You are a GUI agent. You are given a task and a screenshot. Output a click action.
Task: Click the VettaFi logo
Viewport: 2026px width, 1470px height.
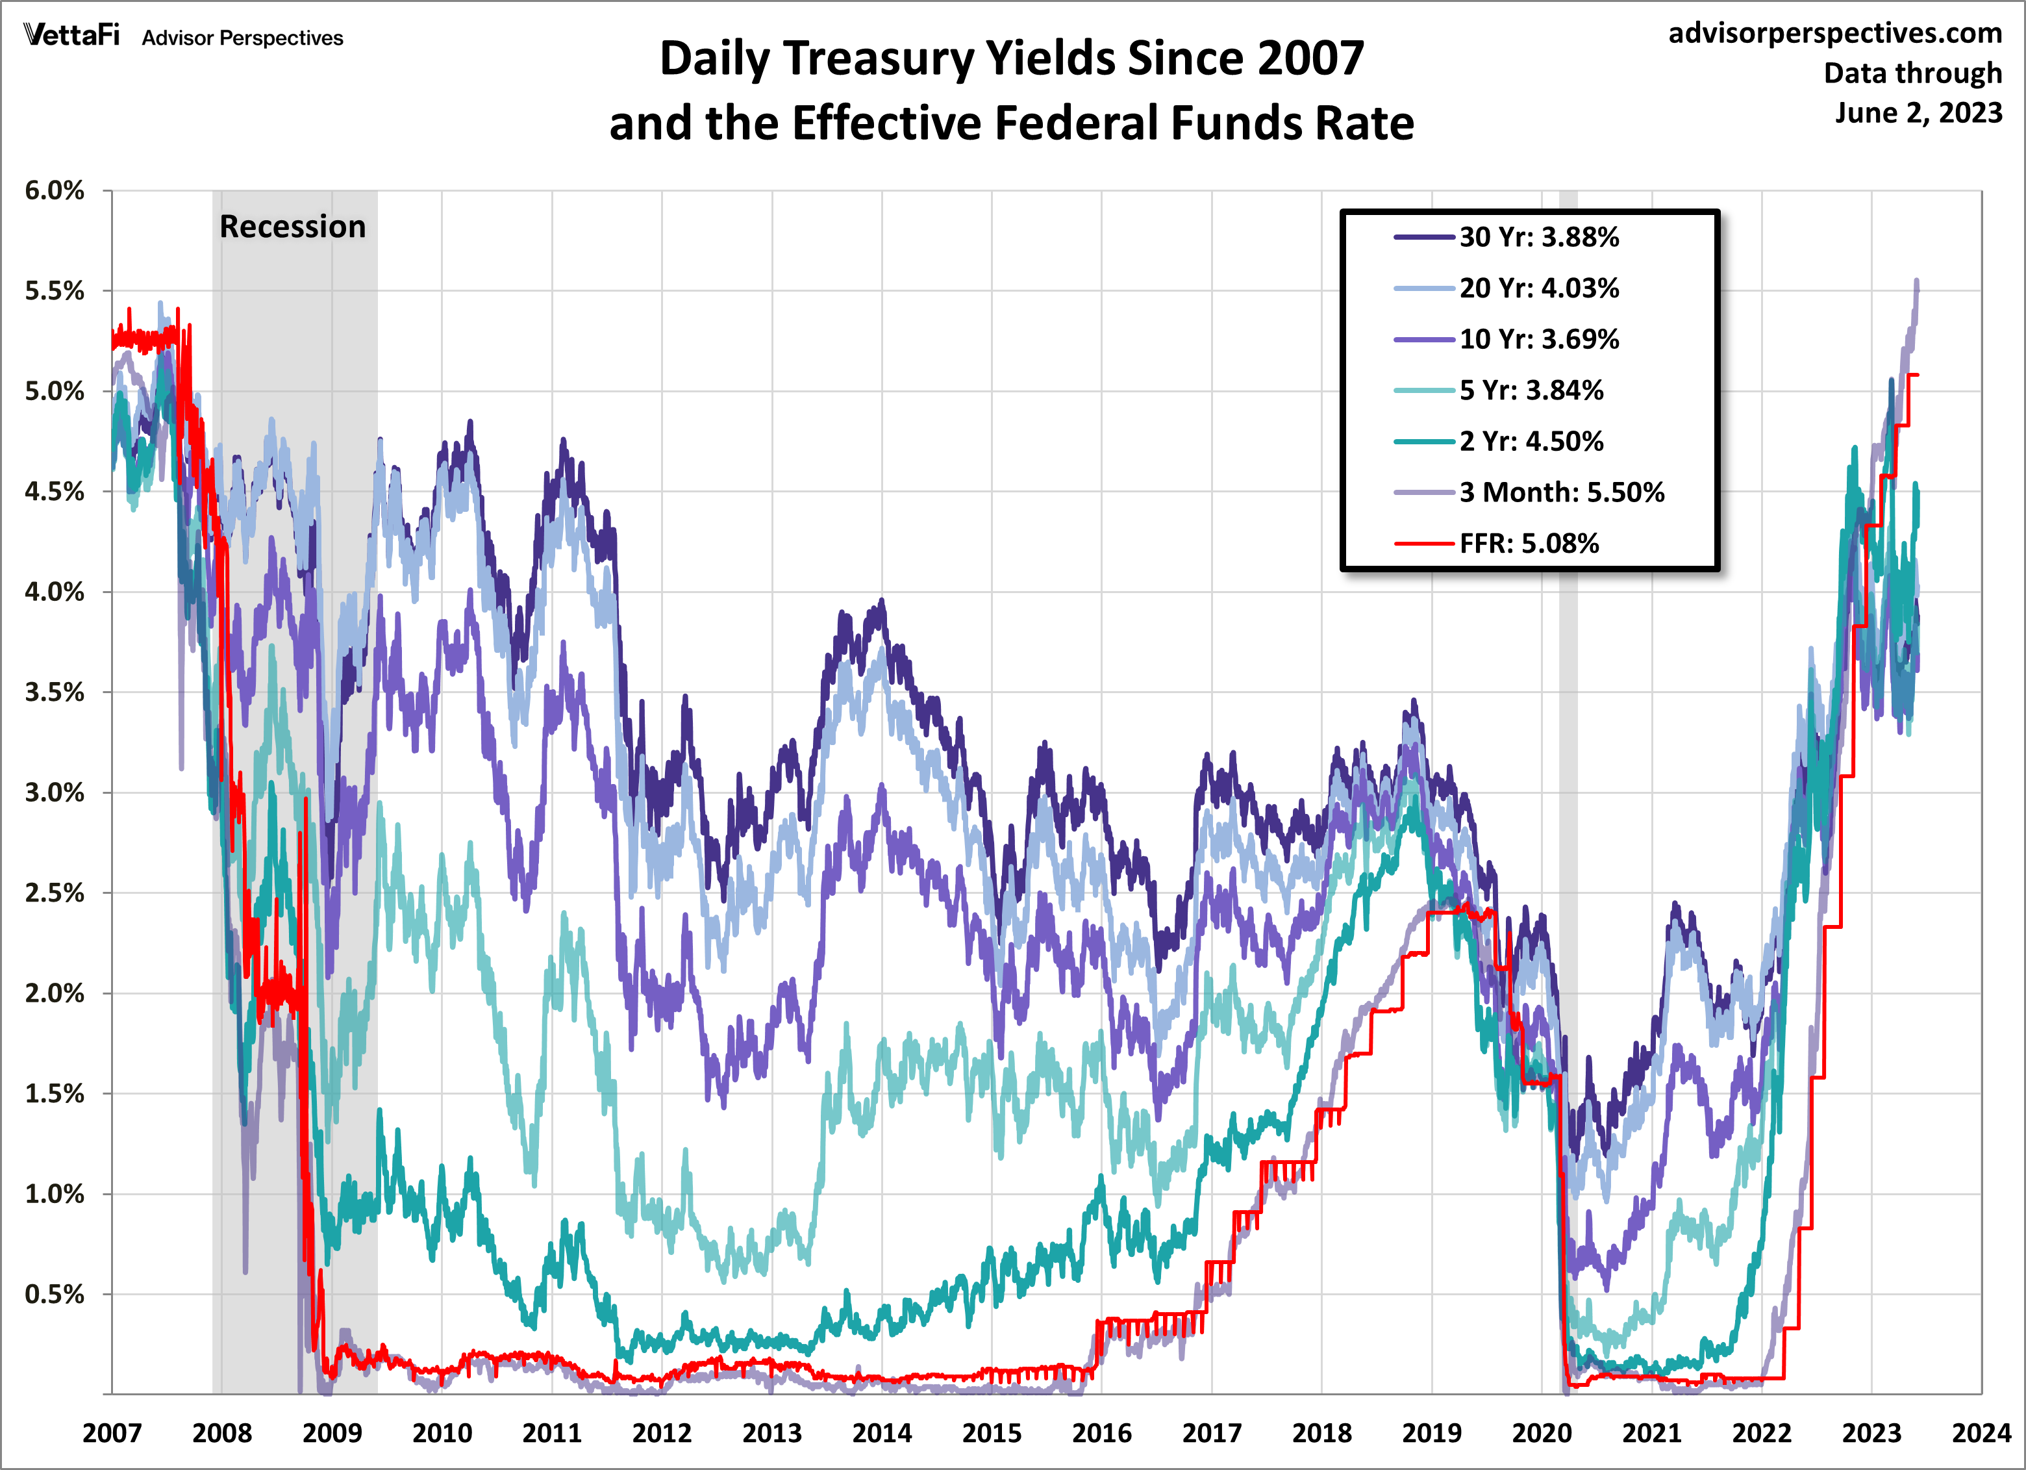click(x=71, y=36)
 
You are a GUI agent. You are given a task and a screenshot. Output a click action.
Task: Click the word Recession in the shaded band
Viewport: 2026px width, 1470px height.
click(x=292, y=227)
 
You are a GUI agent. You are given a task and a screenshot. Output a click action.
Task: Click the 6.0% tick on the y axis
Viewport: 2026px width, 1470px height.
click(x=55, y=190)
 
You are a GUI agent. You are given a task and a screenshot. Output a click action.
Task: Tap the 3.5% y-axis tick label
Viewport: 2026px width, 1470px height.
click(x=55, y=692)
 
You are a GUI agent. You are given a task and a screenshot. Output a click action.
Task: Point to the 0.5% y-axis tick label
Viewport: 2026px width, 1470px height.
click(x=55, y=1295)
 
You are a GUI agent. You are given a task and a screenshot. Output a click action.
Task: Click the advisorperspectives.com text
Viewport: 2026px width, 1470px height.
click(x=1835, y=33)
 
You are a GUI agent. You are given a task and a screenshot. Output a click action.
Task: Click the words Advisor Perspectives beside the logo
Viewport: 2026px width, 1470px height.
click(x=242, y=38)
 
